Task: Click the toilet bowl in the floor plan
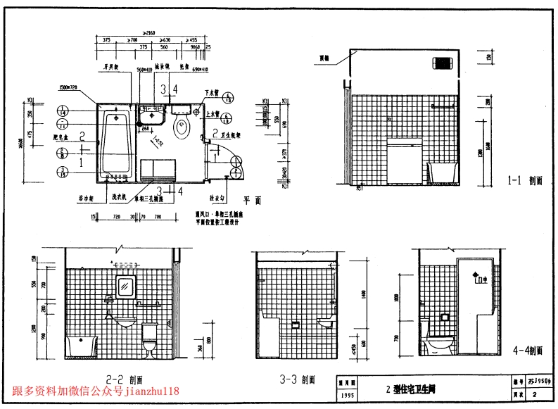182,127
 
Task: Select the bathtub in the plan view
115,143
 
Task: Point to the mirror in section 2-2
125,288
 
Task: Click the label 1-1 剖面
525,180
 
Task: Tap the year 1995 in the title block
348,396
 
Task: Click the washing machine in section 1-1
405,161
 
